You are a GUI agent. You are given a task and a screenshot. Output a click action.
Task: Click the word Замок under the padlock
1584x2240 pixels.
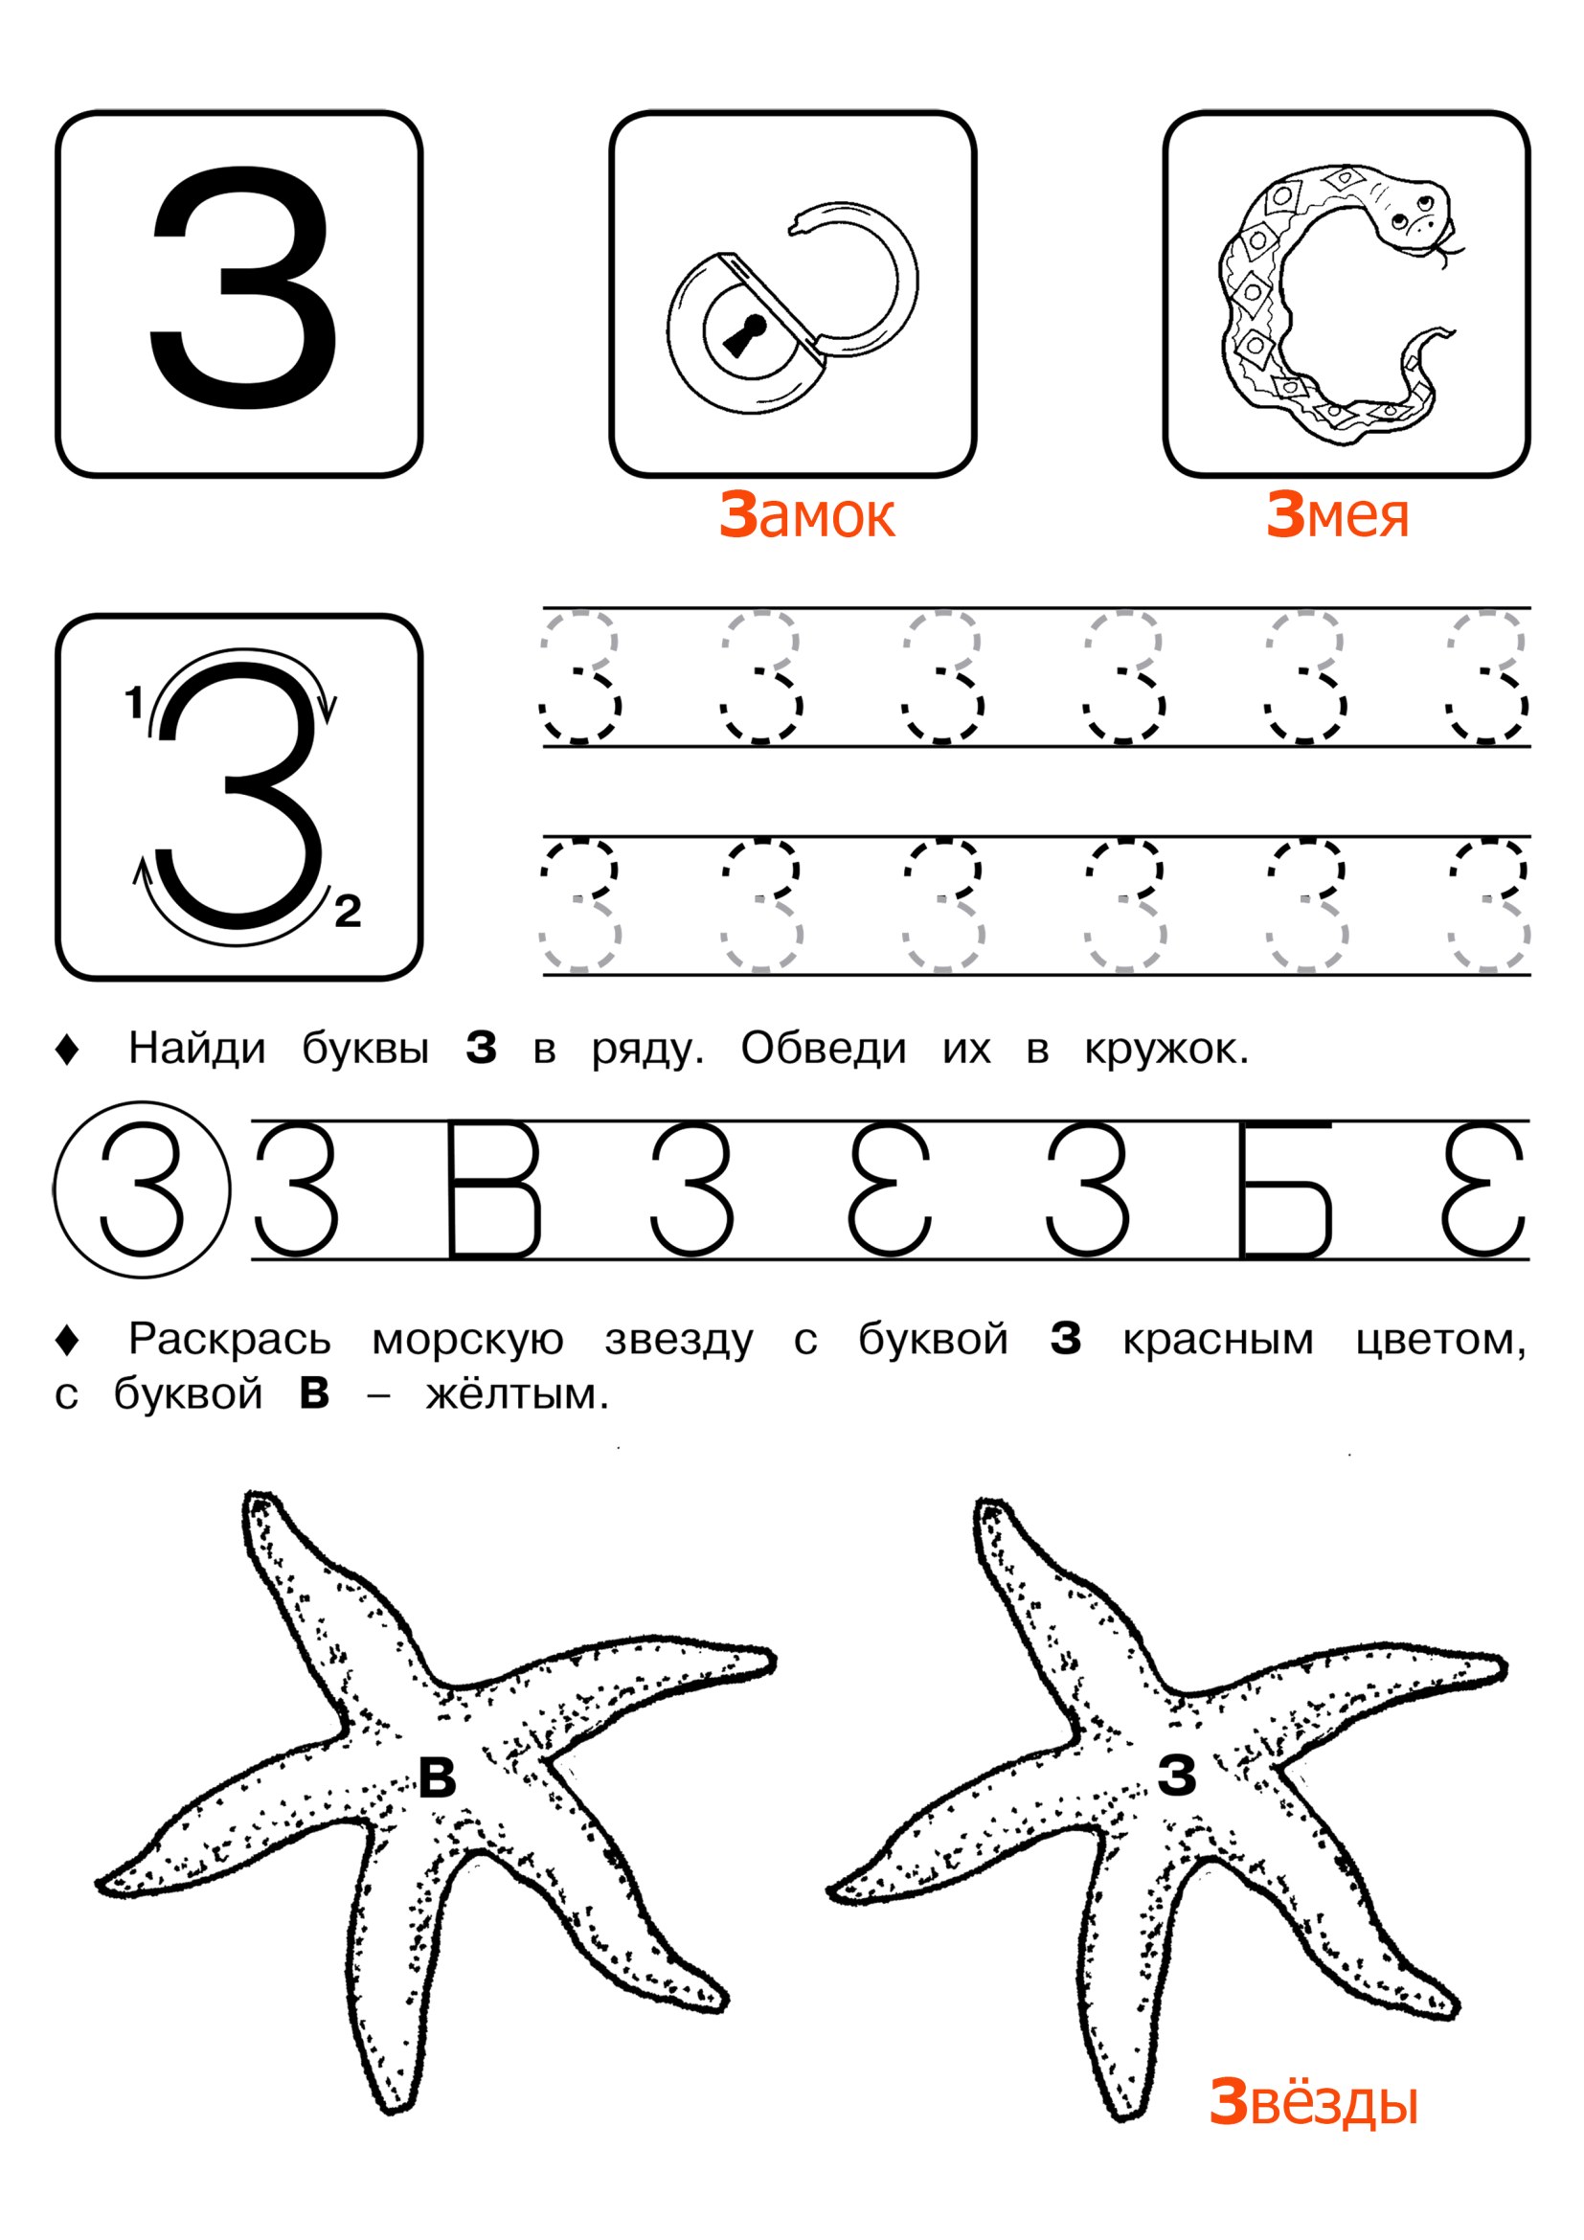806,515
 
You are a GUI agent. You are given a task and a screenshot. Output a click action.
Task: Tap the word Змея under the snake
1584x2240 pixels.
1337,515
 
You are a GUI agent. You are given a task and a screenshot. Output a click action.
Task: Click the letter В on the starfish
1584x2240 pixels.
437,1776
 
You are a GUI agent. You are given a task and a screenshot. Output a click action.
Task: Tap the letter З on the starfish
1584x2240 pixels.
1177,1776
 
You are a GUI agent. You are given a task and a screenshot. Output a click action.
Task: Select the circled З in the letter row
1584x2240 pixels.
143,1189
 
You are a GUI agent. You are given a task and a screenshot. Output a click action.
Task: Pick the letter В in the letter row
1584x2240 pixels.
493,1189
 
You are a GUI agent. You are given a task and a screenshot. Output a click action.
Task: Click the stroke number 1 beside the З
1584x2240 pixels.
135,702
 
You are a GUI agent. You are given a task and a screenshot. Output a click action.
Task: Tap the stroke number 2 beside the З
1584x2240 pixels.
349,911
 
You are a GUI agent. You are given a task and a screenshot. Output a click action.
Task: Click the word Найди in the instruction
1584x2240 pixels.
197,1049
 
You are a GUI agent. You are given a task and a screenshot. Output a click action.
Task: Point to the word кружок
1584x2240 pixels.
1165,1050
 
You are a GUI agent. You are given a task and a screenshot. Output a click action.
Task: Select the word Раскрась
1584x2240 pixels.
230,1341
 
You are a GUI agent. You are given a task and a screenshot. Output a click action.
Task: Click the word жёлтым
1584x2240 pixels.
517,1394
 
